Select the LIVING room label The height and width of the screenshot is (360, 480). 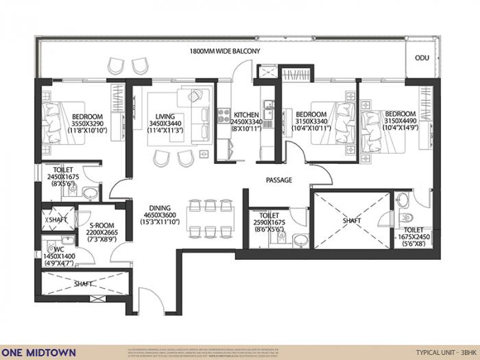[x=165, y=117]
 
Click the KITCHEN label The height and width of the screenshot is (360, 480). [x=245, y=115]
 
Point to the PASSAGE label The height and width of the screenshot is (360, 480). [x=279, y=180]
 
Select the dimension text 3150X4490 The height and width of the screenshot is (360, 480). [x=400, y=121]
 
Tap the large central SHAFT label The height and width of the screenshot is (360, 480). [x=350, y=221]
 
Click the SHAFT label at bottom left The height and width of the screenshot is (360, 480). [x=85, y=282]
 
